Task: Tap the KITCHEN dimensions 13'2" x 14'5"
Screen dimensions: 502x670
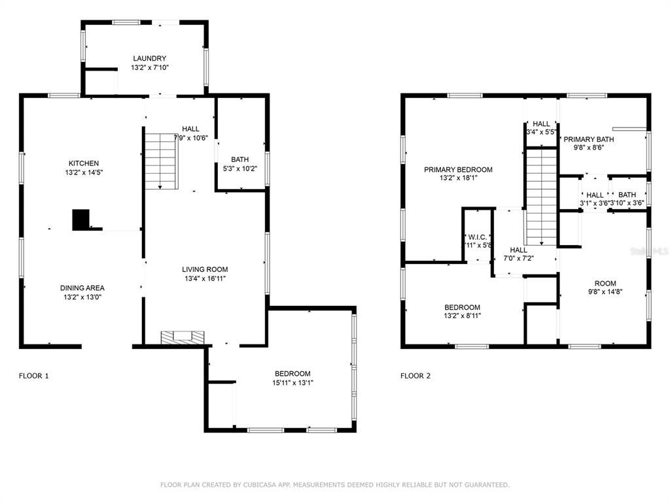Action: click(x=84, y=173)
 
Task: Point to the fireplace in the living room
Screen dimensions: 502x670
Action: click(x=183, y=337)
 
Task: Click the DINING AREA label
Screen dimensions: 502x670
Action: click(x=82, y=288)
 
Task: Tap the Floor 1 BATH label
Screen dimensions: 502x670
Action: click(x=240, y=159)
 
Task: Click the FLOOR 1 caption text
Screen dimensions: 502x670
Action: click(x=33, y=376)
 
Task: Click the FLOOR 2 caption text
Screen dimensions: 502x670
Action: click(x=415, y=376)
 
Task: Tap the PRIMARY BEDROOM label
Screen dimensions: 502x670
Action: click(x=458, y=169)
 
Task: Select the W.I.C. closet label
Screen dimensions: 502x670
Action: click(x=478, y=237)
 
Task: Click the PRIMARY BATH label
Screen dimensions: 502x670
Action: click(x=589, y=139)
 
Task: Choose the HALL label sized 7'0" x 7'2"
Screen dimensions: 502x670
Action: click(x=519, y=250)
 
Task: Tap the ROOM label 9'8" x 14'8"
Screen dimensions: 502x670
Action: click(x=605, y=284)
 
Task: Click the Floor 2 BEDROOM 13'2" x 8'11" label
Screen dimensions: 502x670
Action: click(x=463, y=307)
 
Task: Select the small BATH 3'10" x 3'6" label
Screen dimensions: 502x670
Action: click(x=627, y=195)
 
